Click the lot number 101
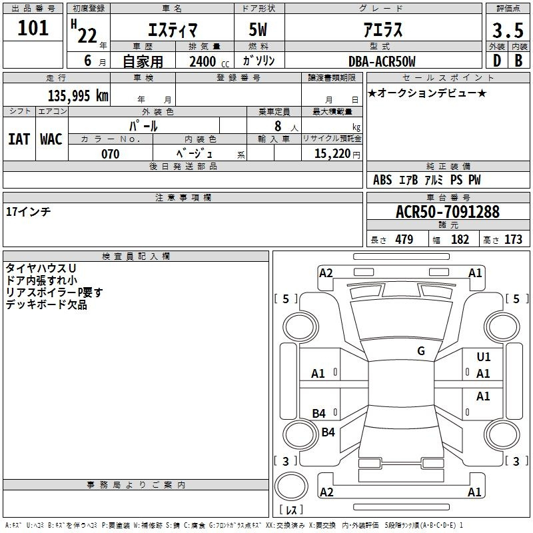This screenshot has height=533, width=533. [33, 28]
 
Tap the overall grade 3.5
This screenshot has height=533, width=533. [508, 30]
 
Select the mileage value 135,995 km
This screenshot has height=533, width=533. [78, 95]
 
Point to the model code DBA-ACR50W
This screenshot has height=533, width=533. [382, 61]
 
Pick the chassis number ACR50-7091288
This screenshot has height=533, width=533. [448, 211]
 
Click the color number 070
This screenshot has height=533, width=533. [111, 154]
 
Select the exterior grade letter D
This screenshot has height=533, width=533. [497, 61]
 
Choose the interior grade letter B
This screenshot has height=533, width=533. [519, 61]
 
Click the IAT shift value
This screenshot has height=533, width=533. [19, 139]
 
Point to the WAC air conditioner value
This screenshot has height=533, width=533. [51, 139]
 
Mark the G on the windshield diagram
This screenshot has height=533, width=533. [421, 350]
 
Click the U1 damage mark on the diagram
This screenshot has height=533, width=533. [484, 356]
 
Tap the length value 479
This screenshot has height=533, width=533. [404, 239]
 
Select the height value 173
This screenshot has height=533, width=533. [513, 239]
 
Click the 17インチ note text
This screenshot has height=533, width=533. [29, 211]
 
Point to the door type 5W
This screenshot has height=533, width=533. [258, 29]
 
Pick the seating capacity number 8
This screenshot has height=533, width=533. [278, 126]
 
